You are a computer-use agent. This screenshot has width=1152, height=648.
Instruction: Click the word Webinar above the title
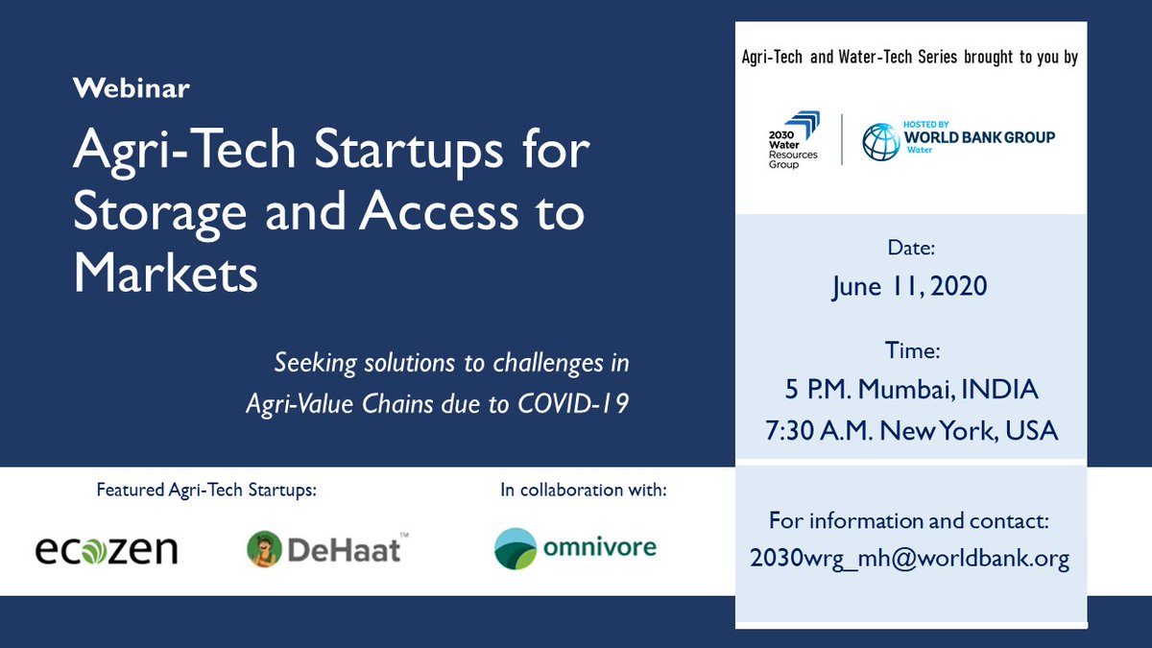coord(132,89)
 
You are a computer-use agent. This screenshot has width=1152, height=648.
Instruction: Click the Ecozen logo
coord(106,549)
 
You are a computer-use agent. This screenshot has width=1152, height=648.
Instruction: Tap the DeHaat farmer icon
coord(262,549)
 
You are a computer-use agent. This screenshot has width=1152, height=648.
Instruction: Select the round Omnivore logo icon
coord(516,549)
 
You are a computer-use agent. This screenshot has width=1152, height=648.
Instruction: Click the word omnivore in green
coord(599,547)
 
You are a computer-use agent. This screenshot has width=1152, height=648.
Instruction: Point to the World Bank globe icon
coord(880,141)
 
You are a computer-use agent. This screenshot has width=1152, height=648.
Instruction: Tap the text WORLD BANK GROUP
coord(978,137)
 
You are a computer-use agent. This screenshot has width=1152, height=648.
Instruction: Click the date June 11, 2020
coord(910,286)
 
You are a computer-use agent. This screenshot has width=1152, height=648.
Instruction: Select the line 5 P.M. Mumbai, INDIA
coord(910,390)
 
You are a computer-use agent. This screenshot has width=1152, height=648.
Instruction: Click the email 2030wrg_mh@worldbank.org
coord(910,559)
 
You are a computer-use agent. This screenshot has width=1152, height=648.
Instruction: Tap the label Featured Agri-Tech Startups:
coord(205,490)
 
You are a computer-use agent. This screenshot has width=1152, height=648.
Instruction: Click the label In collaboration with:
coord(583,490)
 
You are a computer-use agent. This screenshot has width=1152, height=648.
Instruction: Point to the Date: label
coord(910,249)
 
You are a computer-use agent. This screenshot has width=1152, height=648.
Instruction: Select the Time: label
coord(910,351)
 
